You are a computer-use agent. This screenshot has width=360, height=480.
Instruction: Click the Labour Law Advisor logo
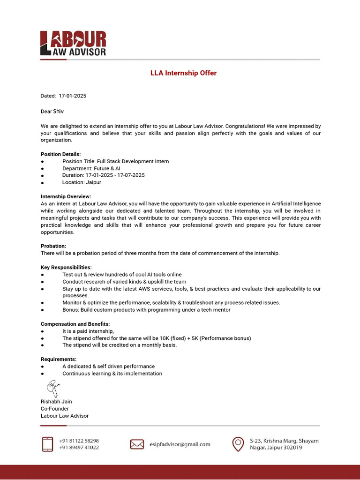click(73, 44)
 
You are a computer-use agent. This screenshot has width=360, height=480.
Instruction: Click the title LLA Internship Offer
click(183, 73)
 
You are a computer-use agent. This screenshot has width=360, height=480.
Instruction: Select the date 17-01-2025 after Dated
click(72, 96)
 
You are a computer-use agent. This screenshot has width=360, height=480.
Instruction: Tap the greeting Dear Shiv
click(52, 112)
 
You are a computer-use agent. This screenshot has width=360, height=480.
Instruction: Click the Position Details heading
click(60, 154)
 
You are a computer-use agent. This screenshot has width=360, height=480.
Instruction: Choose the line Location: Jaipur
click(82, 182)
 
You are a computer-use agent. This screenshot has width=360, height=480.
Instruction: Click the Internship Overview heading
click(66, 196)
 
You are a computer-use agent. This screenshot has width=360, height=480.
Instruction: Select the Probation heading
click(53, 246)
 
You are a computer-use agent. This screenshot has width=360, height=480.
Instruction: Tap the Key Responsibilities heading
click(66, 267)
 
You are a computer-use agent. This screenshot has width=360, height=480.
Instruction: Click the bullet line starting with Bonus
click(146, 310)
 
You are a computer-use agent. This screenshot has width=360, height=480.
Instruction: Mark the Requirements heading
click(59, 359)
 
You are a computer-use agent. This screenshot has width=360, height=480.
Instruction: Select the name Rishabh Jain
click(56, 402)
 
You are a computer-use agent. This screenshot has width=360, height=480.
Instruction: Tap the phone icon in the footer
click(47, 444)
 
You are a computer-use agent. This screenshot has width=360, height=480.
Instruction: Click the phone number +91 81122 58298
click(79, 441)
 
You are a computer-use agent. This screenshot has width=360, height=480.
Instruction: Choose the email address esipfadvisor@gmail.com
click(180, 444)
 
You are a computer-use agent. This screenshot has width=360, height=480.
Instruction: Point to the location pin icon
click(238, 444)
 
